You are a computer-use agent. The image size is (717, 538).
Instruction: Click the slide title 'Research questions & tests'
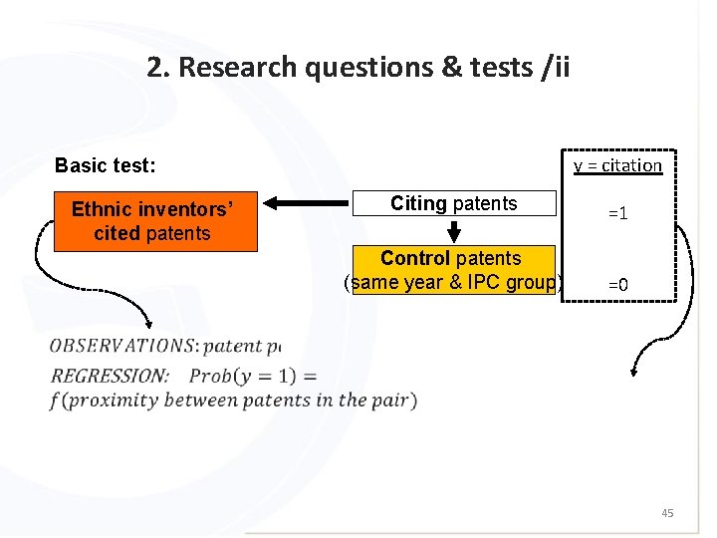358,67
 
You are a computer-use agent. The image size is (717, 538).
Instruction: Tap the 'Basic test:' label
106,165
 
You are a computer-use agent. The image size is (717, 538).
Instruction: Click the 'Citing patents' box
454,204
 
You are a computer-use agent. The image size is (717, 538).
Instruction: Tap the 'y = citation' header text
617,165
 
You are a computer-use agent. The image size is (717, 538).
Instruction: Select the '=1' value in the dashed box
617,214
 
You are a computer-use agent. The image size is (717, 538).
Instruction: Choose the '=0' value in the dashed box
617,285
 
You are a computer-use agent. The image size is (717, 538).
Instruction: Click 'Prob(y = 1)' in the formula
253,376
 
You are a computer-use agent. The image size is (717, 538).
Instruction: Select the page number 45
667,513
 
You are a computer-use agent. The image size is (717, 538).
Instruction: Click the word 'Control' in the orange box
414,259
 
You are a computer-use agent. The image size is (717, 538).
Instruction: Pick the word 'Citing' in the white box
418,204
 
